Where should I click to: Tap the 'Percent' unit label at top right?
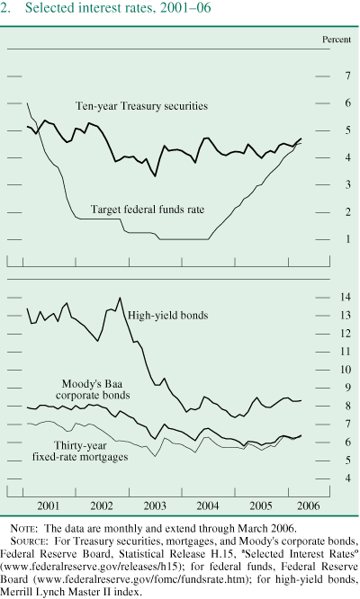(x=337, y=41)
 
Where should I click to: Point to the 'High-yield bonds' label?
(x=168, y=316)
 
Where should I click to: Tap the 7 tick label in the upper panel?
(x=346, y=77)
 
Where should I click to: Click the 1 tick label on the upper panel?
(x=346, y=239)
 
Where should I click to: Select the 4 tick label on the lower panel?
(x=346, y=478)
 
